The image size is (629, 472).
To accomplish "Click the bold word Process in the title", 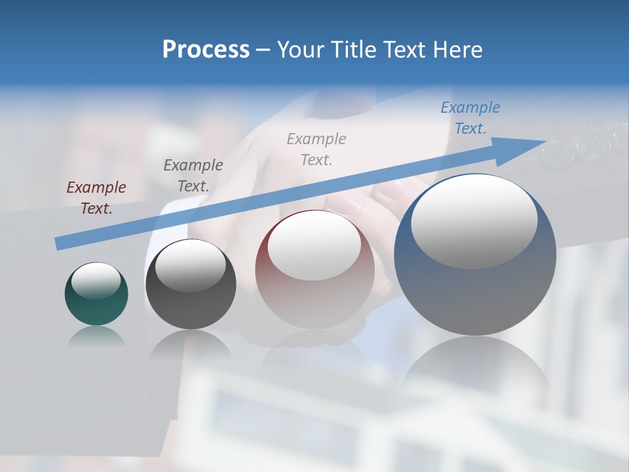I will (x=206, y=50).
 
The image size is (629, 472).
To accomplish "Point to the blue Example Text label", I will (x=470, y=118).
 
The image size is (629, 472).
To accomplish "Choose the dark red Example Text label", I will (x=96, y=198).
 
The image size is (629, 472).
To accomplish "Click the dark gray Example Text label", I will (x=193, y=176).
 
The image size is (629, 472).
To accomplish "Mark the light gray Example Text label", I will (x=316, y=149).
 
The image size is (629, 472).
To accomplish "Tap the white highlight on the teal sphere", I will (x=96, y=281).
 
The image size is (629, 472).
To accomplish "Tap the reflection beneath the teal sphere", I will (x=96, y=336).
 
